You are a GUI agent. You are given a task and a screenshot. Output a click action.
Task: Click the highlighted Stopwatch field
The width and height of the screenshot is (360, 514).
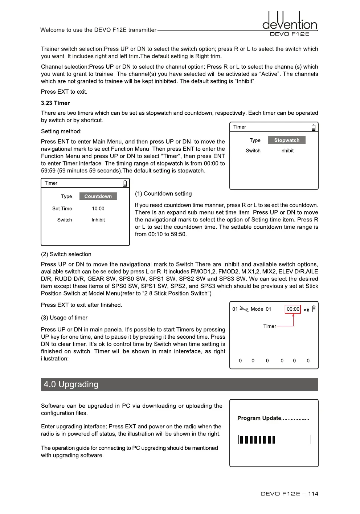pos(287,140)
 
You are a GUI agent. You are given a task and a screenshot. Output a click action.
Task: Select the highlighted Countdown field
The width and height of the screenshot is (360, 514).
pos(98,196)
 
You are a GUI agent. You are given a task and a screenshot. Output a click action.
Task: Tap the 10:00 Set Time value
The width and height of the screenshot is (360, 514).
pos(98,209)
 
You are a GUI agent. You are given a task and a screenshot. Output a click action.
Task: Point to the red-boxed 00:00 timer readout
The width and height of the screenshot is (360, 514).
pos(293,309)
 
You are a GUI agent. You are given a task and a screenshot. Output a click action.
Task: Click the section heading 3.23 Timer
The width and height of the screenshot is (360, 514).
pos(55,103)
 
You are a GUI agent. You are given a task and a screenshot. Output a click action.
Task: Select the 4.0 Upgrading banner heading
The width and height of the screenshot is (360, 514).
pos(71,384)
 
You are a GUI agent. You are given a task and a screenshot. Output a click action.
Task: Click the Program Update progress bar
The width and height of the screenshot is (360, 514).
pos(274,440)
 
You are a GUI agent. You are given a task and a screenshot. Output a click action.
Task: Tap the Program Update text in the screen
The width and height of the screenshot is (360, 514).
pos(273,418)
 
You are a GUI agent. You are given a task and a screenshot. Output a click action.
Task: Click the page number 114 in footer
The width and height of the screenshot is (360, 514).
pos(313,494)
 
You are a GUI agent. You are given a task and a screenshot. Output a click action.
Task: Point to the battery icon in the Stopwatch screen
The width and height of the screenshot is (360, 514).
pos(314,127)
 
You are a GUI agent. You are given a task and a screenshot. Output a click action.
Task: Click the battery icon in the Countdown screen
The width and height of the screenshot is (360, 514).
pos(125,183)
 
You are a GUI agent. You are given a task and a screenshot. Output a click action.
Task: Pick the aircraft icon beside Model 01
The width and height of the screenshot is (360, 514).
pos(244,309)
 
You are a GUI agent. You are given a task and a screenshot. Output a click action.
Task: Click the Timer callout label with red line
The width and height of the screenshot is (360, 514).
pos(270,326)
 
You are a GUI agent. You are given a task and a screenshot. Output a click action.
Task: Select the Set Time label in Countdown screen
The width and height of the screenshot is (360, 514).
pos(62,209)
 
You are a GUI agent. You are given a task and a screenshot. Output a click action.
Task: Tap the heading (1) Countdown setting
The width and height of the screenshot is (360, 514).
pos(163,194)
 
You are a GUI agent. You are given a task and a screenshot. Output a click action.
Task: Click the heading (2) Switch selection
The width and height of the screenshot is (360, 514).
pos(66,254)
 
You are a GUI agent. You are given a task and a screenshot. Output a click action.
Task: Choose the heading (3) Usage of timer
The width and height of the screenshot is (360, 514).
pos(64,318)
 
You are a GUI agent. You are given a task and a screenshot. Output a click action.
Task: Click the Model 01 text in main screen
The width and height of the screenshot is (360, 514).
pos(261,309)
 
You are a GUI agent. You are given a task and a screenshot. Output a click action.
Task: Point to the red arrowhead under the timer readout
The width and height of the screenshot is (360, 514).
pos(293,315)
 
